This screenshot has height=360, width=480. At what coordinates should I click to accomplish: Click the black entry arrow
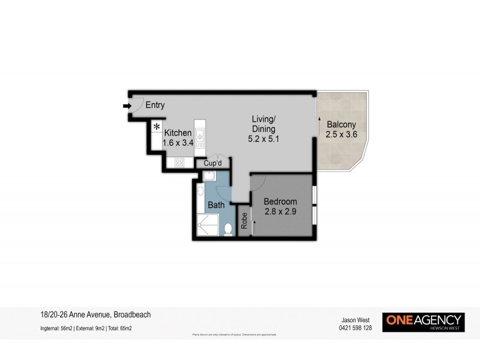click(x=127, y=106)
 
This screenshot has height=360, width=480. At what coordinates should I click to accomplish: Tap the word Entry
click(x=155, y=106)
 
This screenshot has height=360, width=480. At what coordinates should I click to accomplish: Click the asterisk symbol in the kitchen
click(x=157, y=127)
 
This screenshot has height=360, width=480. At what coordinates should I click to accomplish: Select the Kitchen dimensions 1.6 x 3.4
click(x=179, y=143)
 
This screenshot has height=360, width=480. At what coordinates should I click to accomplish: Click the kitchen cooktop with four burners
click(x=179, y=162)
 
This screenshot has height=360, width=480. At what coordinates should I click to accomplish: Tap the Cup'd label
click(x=213, y=163)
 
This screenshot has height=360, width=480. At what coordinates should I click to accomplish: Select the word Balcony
click(x=341, y=125)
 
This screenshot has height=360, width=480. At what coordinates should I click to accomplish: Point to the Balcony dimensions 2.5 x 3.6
click(x=341, y=134)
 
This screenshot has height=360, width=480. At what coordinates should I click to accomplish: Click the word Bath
click(x=216, y=205)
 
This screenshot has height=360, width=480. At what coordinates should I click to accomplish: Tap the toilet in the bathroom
click(x=228, y=229)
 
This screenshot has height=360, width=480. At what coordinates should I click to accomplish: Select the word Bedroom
click(x=281, y=201)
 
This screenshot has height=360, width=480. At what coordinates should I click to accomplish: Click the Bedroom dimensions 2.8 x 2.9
click(x=281, y=211)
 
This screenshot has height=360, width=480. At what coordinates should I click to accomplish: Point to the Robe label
click(x=244, y=221)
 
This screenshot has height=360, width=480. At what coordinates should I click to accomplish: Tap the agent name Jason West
click(x=352, y=320)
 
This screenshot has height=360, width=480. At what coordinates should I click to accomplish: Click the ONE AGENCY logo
click(x=424, y=322)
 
